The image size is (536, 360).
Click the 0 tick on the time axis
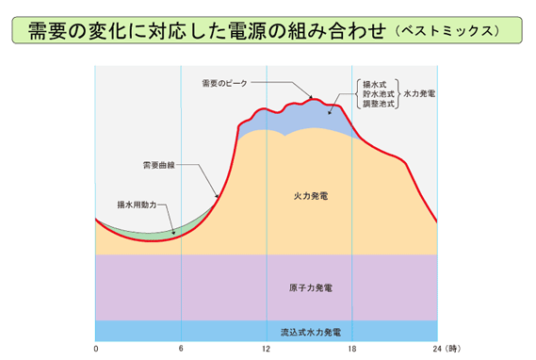pyautogui.click(x=96, y=349)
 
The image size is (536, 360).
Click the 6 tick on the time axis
pyautogui.click(x=181, y=349)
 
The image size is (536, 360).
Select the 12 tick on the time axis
pyautogui.click(x=267, y=349)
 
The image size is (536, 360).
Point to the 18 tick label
pyautogui.click(x=351, y=349)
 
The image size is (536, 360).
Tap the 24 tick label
pyautogui.click(x=435, y=349)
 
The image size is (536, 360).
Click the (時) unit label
pyautogui.click(x=454, y=349)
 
